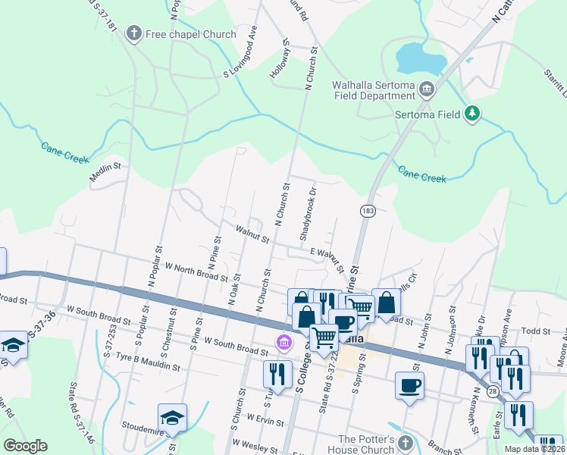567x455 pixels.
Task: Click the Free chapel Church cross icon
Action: tap(134, 33)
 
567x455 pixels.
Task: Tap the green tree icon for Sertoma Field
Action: tap(473, 114)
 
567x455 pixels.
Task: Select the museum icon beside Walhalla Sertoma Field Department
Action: tap(426, 91)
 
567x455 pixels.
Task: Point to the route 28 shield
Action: tap(493, 391)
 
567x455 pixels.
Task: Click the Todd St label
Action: tap(535, 331)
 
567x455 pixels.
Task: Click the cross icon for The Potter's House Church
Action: tap(406, 442)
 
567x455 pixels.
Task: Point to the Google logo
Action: tap(25, 446)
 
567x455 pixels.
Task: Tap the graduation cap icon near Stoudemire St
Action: tap(172, 418)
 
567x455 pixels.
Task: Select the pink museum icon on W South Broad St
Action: tap(284, 344)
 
